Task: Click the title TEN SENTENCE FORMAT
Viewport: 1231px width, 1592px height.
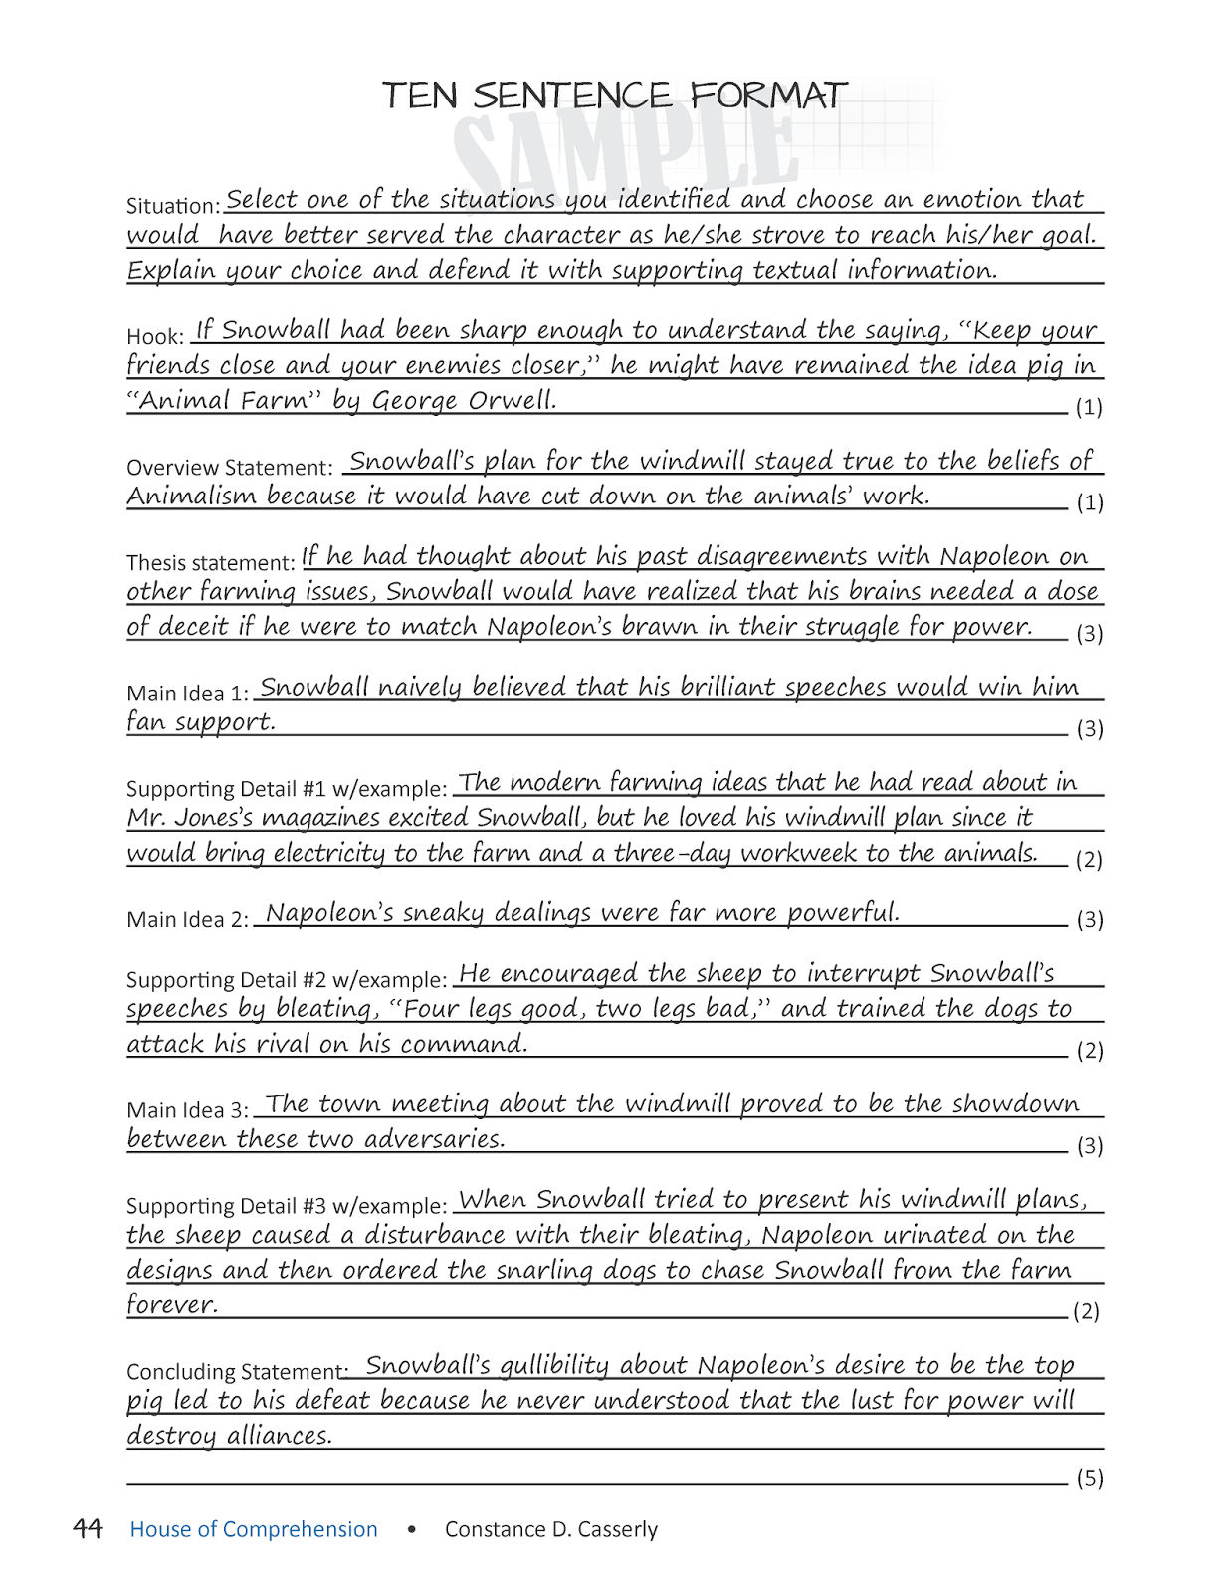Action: [x=614, y=97]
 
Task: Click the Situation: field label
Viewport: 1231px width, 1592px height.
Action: [x=173, y=206]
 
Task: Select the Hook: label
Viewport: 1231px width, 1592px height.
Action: [x=155, y=337]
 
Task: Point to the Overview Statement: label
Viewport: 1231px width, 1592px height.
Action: [x=229, y=468]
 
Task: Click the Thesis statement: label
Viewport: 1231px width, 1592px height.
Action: [x=211, y=563]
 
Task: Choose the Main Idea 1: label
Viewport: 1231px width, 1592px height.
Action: [x=187, y=694]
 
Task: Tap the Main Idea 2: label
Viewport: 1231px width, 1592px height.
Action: [x=187, y=920]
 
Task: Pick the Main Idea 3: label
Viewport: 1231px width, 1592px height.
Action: [x=187, y=1110]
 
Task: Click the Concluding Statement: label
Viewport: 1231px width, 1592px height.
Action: [x=236, y=1372]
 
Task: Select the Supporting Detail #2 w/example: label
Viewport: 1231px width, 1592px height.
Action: [x=287, y=980]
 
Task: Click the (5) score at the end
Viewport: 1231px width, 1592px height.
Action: [x=1090, y=1478]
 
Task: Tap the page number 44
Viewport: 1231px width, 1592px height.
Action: [x=88, y=1528]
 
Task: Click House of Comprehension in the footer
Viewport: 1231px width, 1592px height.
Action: [x=254, y=1529]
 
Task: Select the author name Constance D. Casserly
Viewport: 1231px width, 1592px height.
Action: [x=551, y=1529]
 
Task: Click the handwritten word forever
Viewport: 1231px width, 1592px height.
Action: [x=171, y=1304]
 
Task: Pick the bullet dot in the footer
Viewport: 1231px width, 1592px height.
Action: [x=411, y=1529]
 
